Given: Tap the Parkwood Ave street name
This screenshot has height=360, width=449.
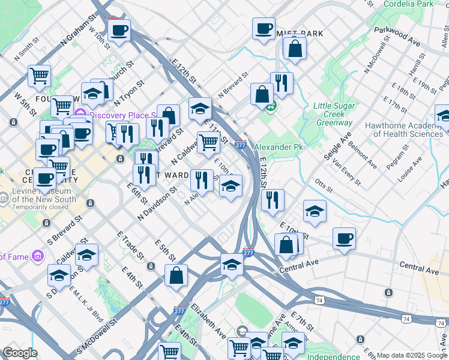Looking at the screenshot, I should (x=397, y=37).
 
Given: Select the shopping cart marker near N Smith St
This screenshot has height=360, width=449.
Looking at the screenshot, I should (x=39, y=76).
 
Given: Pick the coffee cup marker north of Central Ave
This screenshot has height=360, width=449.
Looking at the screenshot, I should (x=344, y=238).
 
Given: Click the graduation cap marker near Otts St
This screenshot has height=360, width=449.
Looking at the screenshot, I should (x=315, y=211).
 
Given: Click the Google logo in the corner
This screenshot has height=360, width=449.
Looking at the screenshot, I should (x=20, y=353).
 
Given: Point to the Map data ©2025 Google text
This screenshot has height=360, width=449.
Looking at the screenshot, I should (x=411, y=355).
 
